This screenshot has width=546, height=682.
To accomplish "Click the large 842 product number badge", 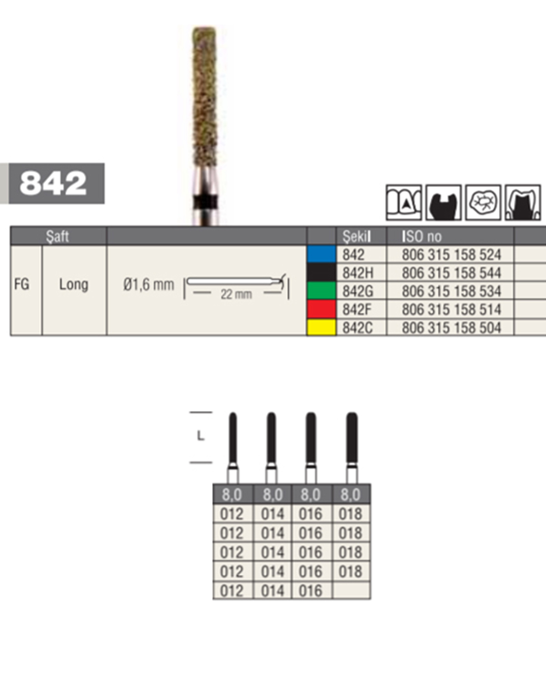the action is [56, 183].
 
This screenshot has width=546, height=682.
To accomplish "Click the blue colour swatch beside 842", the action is [321, 254].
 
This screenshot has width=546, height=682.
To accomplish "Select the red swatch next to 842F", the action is [321, 309].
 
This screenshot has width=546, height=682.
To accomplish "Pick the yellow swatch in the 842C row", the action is [321, 327].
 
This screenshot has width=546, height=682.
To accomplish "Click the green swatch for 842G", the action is [321, 291].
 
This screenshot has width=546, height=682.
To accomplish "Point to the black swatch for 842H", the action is [321, 272].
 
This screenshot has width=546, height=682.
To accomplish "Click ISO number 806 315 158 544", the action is [451, 273].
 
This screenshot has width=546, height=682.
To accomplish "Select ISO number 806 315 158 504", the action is [451, 328].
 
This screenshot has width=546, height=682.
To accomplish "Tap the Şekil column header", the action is [356, 236].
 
